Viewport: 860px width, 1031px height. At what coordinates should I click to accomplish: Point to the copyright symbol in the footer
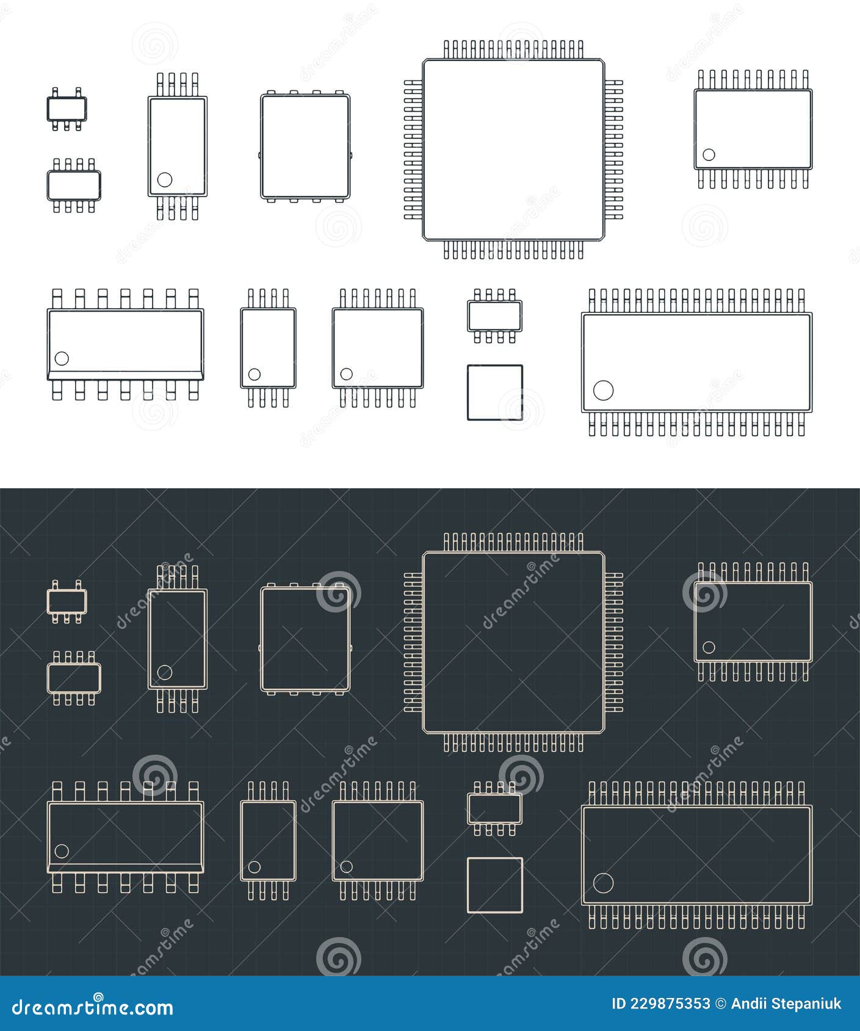click(x=720, y=1004)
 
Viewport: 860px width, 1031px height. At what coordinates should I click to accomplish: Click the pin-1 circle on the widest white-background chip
click(x=603, y=390)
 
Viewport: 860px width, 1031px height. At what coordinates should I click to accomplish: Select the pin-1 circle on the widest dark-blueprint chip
click(x=603, y=882)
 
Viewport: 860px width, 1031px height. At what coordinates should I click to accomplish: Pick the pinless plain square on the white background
click(x=494, y=392)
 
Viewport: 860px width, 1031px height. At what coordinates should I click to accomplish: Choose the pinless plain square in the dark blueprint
click(x=494, y=885)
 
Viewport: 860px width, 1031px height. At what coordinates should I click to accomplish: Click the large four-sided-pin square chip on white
click(x=513, y=149)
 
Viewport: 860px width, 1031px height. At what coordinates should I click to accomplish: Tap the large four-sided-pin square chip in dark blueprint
click(x=513, y=642)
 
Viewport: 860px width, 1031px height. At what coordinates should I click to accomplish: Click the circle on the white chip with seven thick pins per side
click(x=62, y=358)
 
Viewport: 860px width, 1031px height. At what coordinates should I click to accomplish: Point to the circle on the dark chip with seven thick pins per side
click(x=62, y=850)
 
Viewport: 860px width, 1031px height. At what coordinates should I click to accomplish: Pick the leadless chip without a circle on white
click(x=305, y=146)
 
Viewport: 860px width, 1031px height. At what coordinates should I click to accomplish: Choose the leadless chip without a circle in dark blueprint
click(x=305, y=639)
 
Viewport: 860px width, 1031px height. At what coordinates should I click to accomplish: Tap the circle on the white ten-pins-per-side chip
click(x=709, y=154)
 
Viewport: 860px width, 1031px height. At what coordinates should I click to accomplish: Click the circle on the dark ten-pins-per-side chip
click(x=709, y=647)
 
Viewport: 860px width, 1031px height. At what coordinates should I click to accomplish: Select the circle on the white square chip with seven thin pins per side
click(x=346, y=374)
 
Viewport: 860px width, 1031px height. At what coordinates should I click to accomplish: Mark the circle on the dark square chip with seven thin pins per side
click(x=346, y=866)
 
